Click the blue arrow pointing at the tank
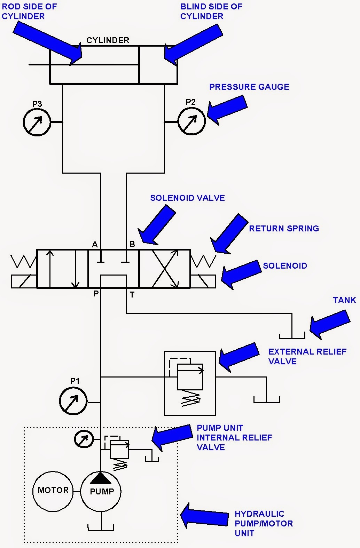[x=330, y=324]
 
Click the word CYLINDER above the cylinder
[x=108, y=40]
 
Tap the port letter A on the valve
[x=95, y=244]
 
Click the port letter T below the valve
[x=132, y=295]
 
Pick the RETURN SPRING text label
[x=284, y=229]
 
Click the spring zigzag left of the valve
[x=24, y=261]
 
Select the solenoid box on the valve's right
[x=203, y=281]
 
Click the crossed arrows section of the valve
[x=165, y=269]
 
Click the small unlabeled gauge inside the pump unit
[x=84, y=439]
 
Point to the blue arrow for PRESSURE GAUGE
[x=227, y=110]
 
